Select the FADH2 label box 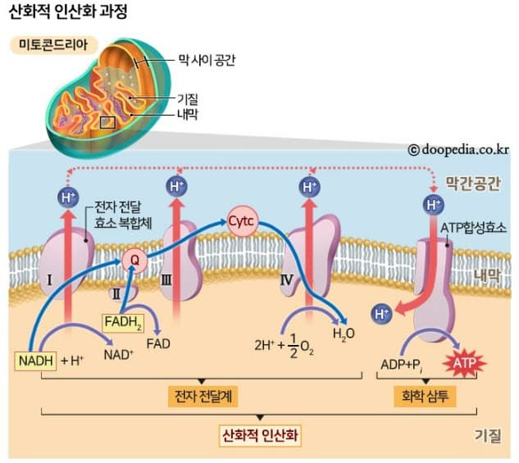point(121,323)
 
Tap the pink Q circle point(134,260)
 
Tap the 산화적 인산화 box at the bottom point(261,434)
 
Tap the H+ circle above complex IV point(308,187)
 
